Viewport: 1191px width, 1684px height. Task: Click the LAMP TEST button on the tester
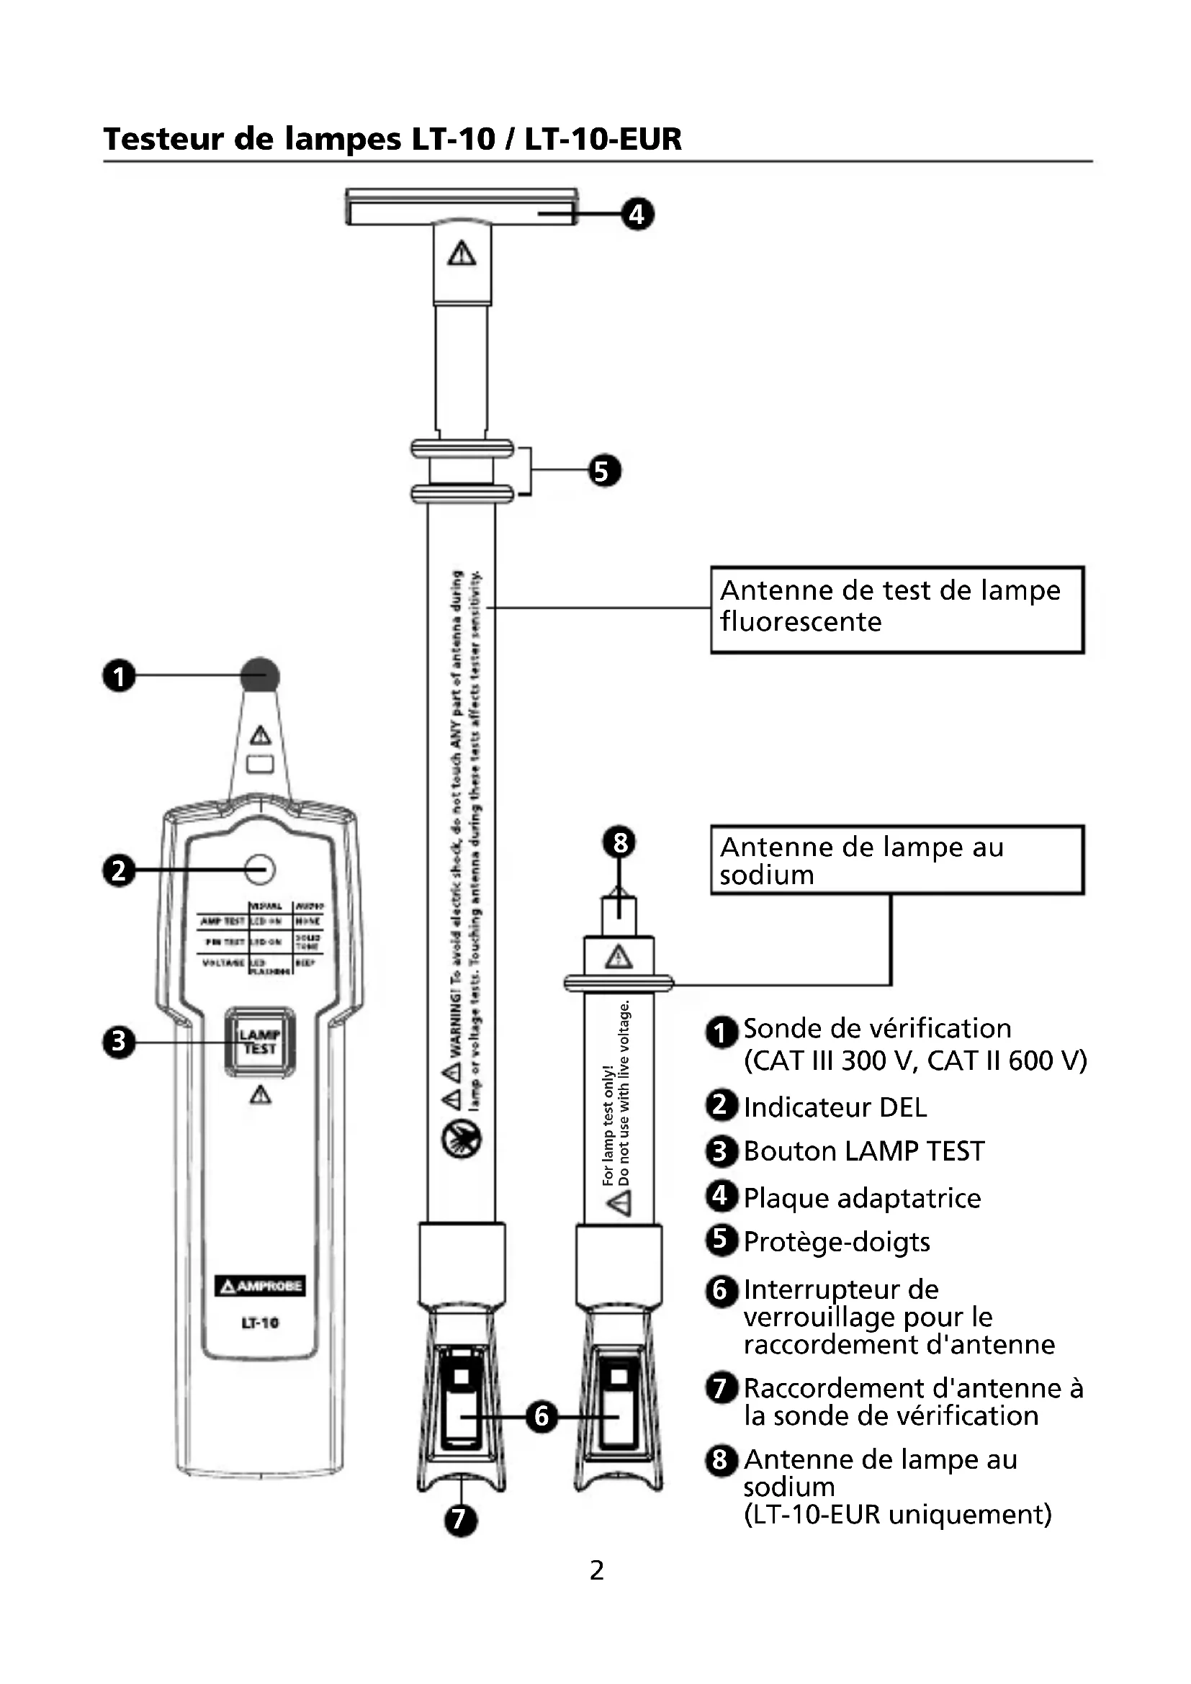coord(260,1043)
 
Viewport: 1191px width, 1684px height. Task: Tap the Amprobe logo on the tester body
coord(260,1286)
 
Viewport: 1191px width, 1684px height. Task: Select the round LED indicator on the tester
coord(260,870)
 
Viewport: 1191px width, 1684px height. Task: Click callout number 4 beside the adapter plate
coord(637,214)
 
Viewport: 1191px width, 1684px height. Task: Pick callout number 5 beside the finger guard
coord(604,470)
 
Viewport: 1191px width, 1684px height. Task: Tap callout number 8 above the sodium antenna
coord(620,843)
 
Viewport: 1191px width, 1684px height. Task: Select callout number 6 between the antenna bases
coord(541,1416)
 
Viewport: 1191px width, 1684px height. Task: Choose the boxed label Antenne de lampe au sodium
coord(896,860)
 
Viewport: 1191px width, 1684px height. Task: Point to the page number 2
coord(596,1571)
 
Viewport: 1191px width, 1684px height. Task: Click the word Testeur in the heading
coord(163,139)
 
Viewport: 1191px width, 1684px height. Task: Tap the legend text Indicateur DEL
coord(835,1107)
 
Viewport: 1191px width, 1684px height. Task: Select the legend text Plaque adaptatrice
coord(862,1199)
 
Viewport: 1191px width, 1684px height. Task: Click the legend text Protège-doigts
coord(836,1243)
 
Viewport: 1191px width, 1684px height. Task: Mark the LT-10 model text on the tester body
coord(260,1323)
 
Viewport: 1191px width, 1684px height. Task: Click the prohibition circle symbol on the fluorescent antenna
coord(462,1140)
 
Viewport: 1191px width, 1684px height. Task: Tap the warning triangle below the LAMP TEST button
coord(261,1096)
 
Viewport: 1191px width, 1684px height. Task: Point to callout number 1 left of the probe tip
coord(119,675)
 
